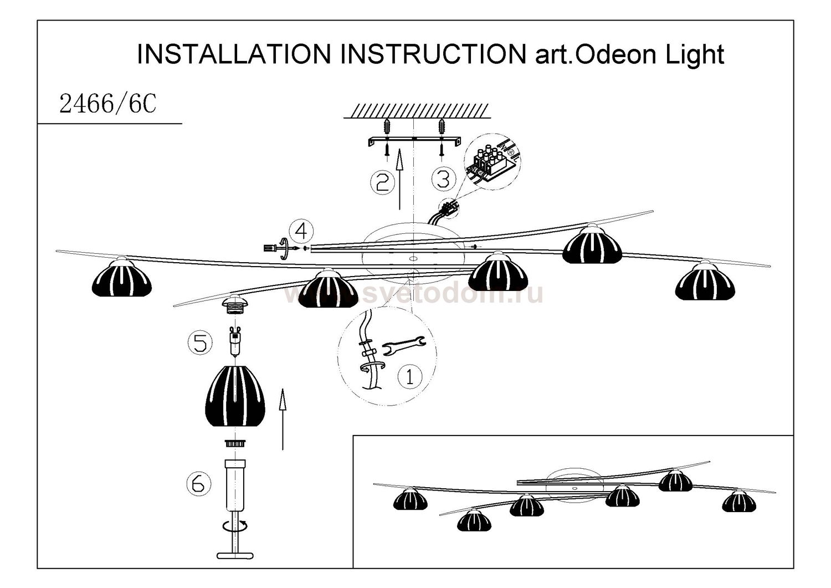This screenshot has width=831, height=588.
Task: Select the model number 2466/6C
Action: click(x=107, y=104)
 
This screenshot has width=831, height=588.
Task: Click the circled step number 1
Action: click(x=410, y=376)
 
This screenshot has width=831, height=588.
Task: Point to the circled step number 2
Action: click(x=382, y=182)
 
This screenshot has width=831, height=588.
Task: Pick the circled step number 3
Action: click(x=443, y=179)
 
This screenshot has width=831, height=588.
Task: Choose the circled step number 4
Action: click(x=301, y=231)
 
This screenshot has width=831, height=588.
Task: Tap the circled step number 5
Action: click(x=200, y=342)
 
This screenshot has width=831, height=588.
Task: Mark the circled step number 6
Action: click(x=199, y=484)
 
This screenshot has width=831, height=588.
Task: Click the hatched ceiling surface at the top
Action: click(x=417, y=111)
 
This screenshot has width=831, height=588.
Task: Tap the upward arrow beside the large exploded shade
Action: click(x=283, y=418)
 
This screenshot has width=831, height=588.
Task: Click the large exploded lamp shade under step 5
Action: click(x=235, y=396)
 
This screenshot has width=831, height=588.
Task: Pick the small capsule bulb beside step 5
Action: click(x=235, y=341)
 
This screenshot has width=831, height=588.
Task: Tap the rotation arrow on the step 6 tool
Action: click(x=235, y=525)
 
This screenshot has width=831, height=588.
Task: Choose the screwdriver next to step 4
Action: click(x=274, y=248)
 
